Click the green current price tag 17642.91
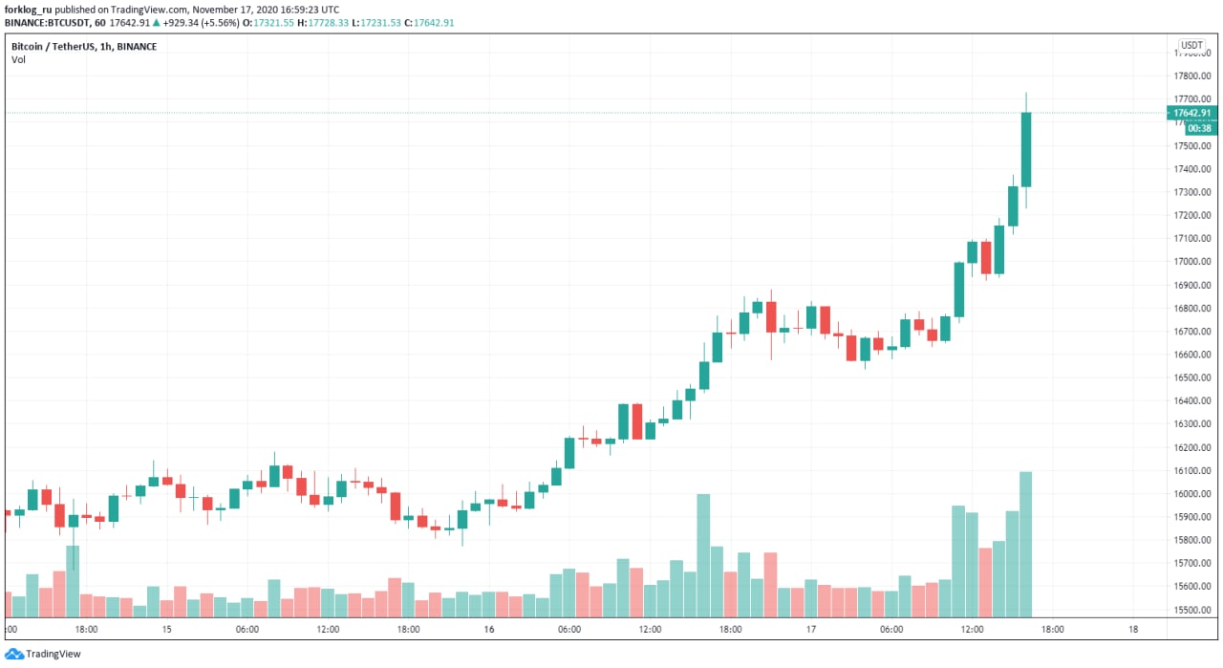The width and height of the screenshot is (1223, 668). [x=1191, y=113]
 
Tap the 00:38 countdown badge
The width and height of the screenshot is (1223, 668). [x=1187, y=128]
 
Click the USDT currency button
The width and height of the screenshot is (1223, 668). [x=1191, y=46]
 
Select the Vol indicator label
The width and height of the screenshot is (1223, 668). [x=19, y=59]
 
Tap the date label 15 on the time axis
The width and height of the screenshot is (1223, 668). [x=166, y=630]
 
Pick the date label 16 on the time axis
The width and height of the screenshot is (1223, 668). [x=488, y=630]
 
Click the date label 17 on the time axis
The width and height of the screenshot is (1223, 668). [x=810, y=630]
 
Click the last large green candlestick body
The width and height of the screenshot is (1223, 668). [x=1026, y=149]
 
